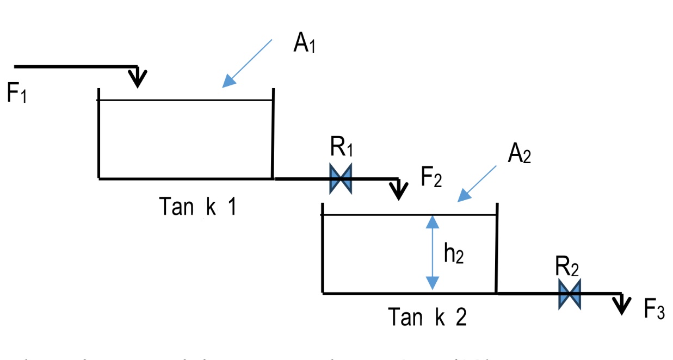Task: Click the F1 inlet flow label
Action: pyautogui.click(x=16, y=94)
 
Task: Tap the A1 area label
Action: pyautogui.click(x=304, y=43)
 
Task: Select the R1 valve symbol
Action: pyautogui.click(x=341, y=178)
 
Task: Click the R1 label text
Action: pyautogui.click(x=342, y=148)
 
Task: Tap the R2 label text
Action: pyautogui.click(x=567, y=266)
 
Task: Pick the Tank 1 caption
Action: pyautogui.click(x=197, y=207)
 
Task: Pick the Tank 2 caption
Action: pyautogui.click(x=427, y=317)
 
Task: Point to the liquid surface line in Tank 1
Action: pyautogui.click(x=185, y=100)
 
